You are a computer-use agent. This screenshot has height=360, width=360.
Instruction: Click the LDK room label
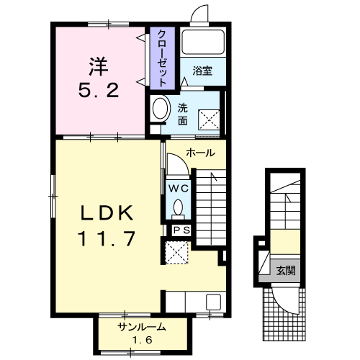click(x=107, y=212)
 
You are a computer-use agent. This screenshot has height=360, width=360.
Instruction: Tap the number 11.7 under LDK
click(x=107, y=238)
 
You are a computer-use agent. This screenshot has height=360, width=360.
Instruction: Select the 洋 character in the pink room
click(x=99, y=66)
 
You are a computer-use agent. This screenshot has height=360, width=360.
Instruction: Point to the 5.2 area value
click(x=99, y=90)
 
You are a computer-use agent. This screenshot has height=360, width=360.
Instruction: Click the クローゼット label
click(x=162, y=58)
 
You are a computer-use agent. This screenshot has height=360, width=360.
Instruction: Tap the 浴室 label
click(x=202, y=71)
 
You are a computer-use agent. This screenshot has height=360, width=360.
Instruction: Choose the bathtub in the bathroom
click(x=203, y=42)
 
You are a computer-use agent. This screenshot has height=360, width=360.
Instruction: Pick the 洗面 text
click(x=183, y=115)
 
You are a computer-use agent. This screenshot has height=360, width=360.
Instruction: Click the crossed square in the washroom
click(x=209, y=120)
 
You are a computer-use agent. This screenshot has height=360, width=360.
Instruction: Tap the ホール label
click(x=201, y=153)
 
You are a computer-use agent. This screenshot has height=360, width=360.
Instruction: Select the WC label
click(x=179, y=189)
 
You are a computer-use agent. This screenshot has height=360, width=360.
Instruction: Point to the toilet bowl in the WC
click(x=179, y=207)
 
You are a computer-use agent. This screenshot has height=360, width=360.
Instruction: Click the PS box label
click(x=181, y=230)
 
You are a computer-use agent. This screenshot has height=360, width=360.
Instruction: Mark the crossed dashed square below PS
click(x=177, y=253)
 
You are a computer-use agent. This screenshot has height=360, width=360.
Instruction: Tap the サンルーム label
click(x=142, y=327)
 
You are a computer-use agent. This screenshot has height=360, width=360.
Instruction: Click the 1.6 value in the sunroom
click(x=143, y=340)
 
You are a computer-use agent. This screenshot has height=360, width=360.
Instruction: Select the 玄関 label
click(x=286, y=271)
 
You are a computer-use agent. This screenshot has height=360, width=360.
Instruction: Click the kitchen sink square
click(x=214, y=302)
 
